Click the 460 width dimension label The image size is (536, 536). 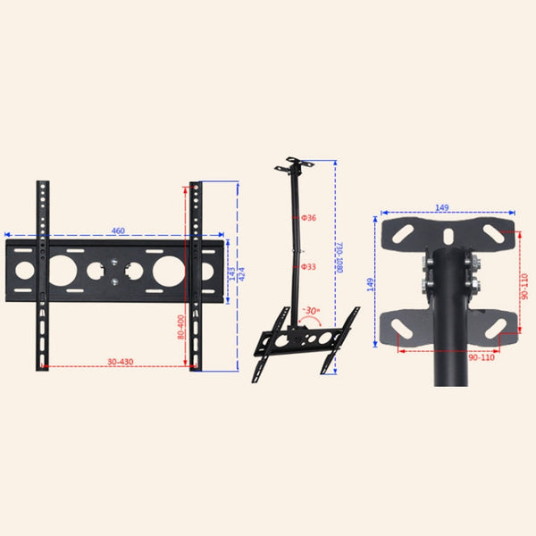pyautogui.click(x=118, y=231)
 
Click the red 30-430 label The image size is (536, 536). pyautogui.click(x=120, y=361)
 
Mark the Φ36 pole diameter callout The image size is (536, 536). pyautogui.click(x=308, y=218)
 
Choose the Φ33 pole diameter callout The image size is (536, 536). pyautogui.click(x=308, y=266)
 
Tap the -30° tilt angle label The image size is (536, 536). pyautogui.click(x=311, y=311)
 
